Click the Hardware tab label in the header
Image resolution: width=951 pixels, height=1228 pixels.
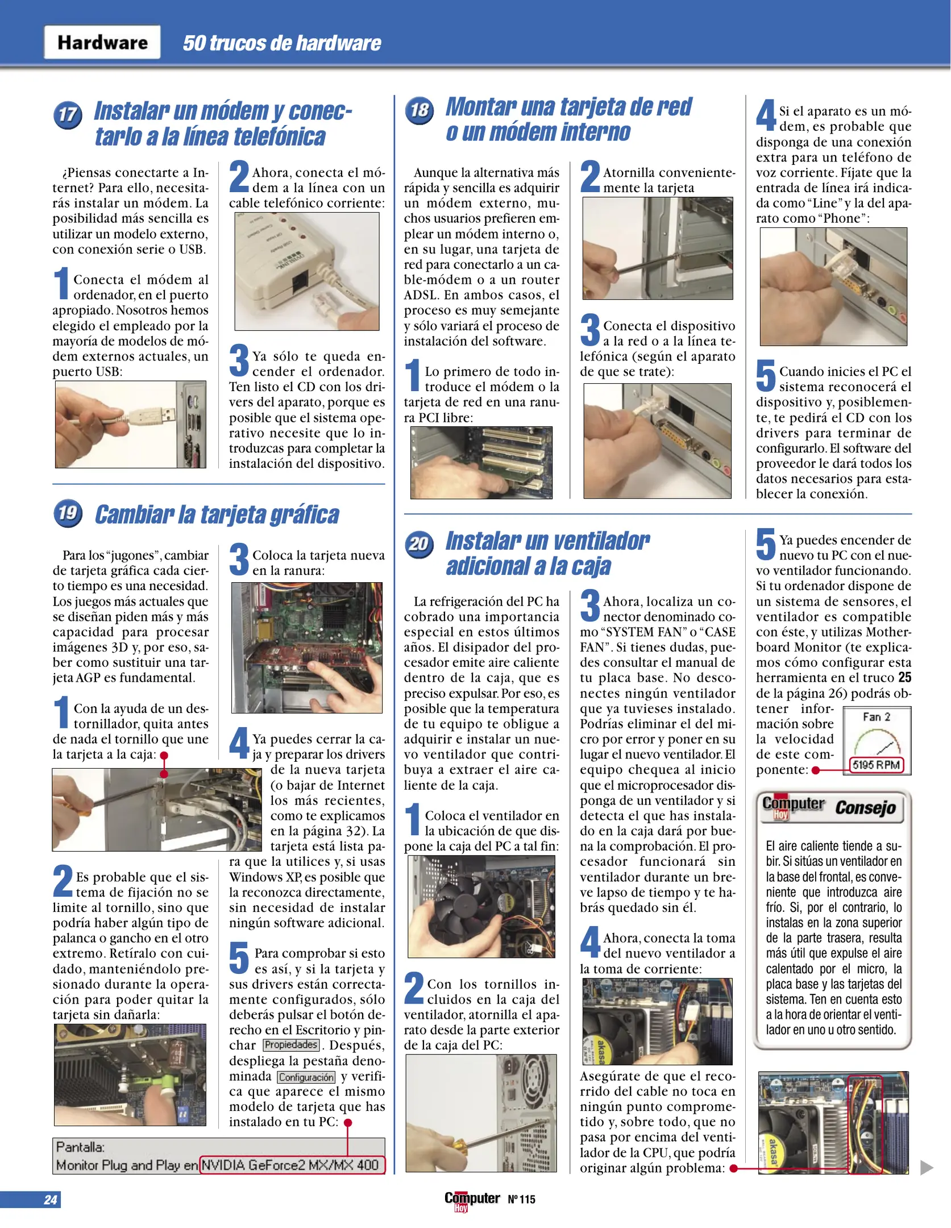pos(102,43)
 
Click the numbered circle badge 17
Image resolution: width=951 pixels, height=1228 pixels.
pos(68,114)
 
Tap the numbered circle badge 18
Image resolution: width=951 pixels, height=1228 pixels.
pos(419,110)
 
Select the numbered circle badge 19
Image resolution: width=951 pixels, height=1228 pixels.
pos(68,513)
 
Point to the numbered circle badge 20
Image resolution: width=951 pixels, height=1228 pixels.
pos(419,544)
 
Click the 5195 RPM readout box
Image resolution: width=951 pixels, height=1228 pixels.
pos(876,765)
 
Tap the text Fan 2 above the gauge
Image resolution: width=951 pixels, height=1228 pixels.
pos(876,717)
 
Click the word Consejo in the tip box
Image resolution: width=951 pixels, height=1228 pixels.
pos(865,807)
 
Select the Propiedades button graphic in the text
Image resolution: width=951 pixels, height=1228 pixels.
pos(291,1045)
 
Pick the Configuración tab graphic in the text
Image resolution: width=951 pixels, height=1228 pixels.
pos(306,1077)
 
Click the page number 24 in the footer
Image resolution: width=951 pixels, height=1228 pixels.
pos(50,1200)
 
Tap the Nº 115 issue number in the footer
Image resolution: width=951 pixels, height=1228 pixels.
pos(521,1200)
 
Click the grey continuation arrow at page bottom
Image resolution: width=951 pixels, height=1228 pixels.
pos(927,1168)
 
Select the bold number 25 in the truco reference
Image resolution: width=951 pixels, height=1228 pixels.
pos(904,678)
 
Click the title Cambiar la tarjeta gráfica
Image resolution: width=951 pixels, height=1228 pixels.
pos(217,515)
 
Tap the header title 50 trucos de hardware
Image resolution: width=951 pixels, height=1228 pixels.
pos(281,43)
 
